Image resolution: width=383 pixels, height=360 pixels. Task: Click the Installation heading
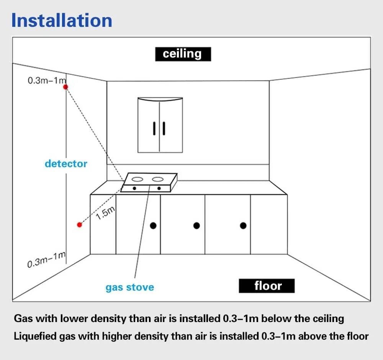(62, 20)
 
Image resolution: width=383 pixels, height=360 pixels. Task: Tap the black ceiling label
(183, 54)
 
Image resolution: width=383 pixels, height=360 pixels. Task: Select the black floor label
(267, 286)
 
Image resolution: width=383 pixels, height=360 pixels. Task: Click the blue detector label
(66, 164)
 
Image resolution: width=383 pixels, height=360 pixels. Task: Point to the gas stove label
(130, 287)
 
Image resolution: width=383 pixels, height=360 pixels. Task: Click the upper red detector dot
(65, 87)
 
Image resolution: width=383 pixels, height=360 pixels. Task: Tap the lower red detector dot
(79, 225)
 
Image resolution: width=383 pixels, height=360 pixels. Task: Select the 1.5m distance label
(105, 213)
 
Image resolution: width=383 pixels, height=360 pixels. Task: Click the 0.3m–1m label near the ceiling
(47, 80)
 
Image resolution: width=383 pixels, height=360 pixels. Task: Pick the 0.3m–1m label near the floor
(46, 260)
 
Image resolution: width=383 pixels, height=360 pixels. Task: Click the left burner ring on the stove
(137, 179)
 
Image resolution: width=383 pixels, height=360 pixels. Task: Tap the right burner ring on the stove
(157, 179)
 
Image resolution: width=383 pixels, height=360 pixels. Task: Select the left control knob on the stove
(134, 188)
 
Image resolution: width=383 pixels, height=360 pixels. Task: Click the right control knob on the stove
(159, 188)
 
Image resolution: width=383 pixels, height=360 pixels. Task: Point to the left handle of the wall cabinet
(154, 128)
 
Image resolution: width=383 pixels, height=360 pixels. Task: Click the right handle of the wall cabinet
(164, 128)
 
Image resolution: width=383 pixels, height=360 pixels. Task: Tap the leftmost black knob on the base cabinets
(153, 225)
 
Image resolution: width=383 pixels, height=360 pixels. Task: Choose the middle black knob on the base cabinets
(196, 225)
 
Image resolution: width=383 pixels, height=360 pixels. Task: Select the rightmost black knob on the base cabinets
(243, 225)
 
